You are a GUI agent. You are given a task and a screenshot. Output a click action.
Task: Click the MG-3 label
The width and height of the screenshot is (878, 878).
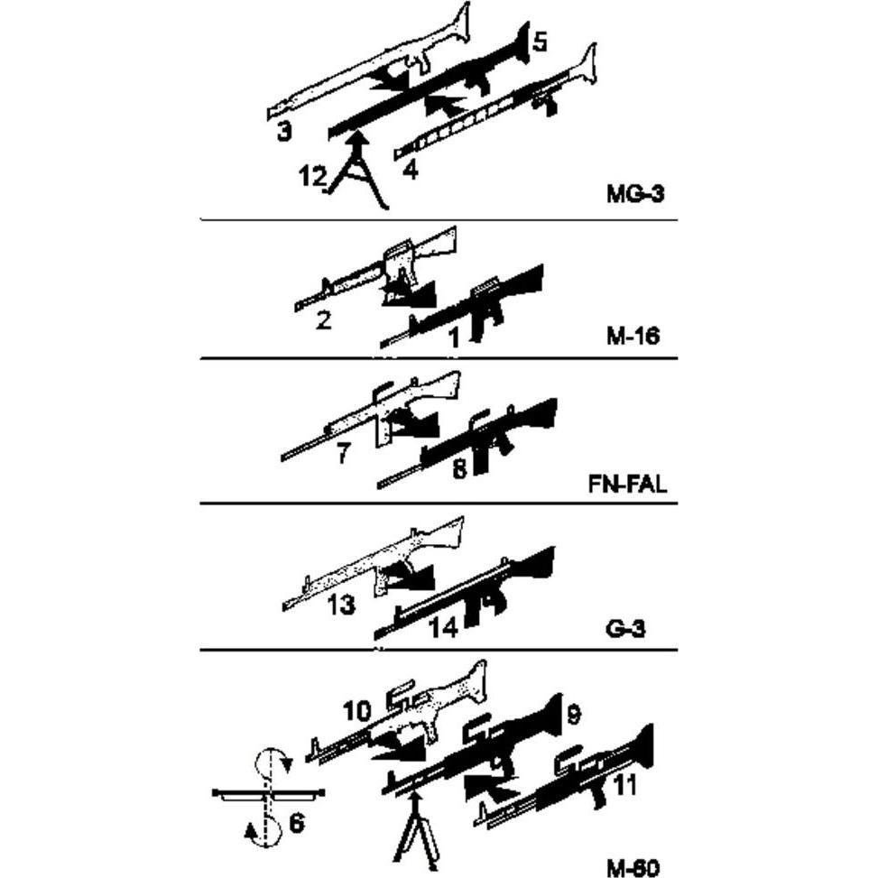[x=634, y=192]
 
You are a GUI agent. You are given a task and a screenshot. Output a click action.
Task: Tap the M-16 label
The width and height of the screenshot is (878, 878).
[x=633, y=337]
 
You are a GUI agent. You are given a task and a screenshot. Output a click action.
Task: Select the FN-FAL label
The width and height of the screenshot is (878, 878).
[x=626, y=484]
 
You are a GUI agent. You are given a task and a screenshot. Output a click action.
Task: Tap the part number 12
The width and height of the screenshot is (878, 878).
[x=312, y=177]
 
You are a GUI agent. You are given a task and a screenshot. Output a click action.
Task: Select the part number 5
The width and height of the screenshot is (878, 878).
[x=540, y=42]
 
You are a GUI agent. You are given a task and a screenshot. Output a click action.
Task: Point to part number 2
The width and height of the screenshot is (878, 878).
[x=323, y=319]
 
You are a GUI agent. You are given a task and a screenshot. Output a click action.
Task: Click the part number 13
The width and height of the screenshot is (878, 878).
[x=341, y=604]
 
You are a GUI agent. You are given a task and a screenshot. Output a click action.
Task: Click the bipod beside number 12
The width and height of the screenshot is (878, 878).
[x=356, y=180]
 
